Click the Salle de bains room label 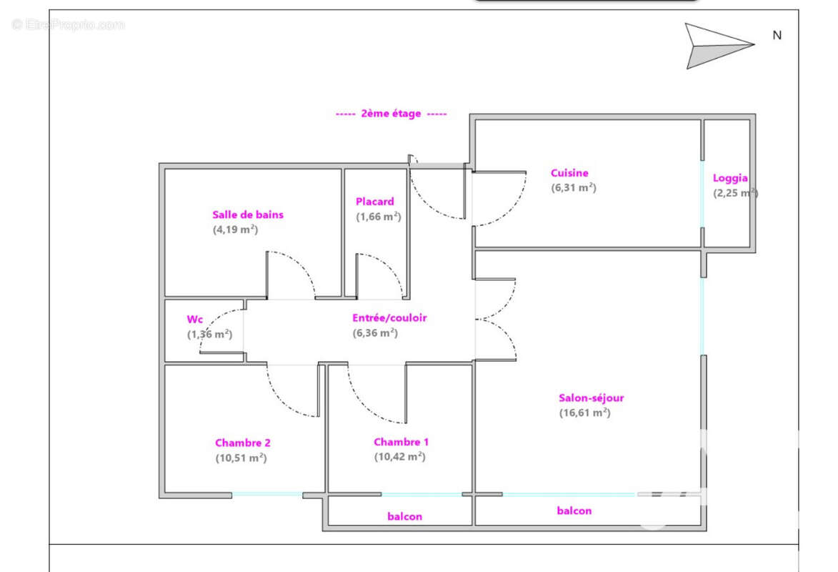point(248,214)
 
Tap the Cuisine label point(569,173)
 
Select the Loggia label point(730,179)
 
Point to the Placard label point(375,202)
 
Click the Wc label point(195,319)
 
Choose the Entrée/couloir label point(389,318)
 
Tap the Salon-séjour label point(592,398)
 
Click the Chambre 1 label point(401,442)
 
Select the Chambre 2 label point(243,443)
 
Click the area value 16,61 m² point(584,413)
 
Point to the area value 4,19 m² point(235,230)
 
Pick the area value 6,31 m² point(573,188)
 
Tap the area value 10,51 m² point(241,458)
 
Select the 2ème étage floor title point(391,114)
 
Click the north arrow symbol point(714,45)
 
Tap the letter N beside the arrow point(777,35)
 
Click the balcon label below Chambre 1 point(404,516)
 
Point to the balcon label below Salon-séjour point(574,511)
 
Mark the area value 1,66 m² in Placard point(379,217)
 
